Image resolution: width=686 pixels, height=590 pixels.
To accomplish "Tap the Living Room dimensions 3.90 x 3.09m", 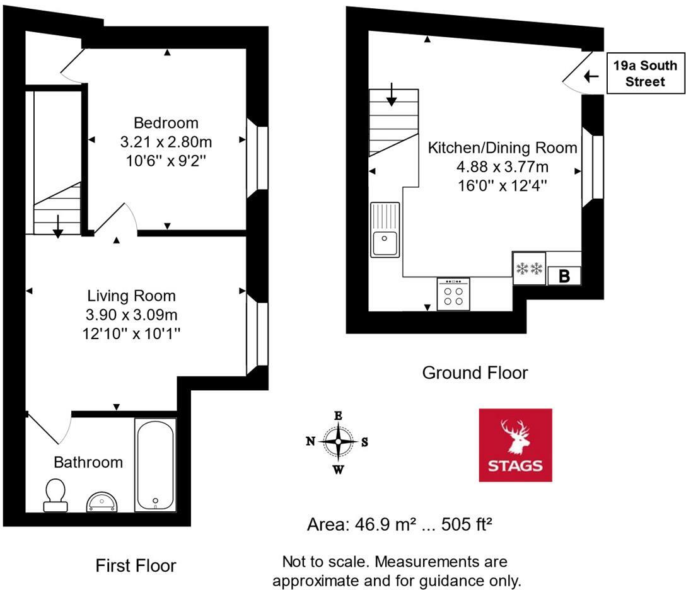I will (x=131, y=315).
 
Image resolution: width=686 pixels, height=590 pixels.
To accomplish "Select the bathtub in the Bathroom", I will (x=154, y=465).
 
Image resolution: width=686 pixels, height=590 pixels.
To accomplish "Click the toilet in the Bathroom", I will (x=55, y=494).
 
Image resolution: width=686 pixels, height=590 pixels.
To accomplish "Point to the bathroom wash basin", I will (x=101, y=501).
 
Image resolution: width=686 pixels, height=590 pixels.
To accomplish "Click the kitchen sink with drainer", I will (x=385, y=229).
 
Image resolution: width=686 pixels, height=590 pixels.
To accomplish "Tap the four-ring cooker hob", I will (x=453, y=294).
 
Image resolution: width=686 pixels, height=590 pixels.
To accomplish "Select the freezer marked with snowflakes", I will (x=529, y=269).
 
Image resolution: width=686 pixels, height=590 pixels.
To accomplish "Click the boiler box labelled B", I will (x=564, y=276).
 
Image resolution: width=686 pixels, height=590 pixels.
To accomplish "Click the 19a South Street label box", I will (x=645, y=73).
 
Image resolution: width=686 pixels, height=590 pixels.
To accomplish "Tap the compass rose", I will (x=338, y=442).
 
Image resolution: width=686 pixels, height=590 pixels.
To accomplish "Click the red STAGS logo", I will (x=515, y=445).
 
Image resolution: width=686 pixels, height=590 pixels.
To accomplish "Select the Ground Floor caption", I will (x=474, y=373).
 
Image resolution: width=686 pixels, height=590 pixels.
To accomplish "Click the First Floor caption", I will (x=136, y=565).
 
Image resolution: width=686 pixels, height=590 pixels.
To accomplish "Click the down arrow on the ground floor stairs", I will (x=392, y=95).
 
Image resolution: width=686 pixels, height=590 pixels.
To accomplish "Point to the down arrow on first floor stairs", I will (x=57, y=226).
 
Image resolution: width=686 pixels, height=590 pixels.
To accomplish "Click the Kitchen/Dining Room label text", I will (x=502, y=148).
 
